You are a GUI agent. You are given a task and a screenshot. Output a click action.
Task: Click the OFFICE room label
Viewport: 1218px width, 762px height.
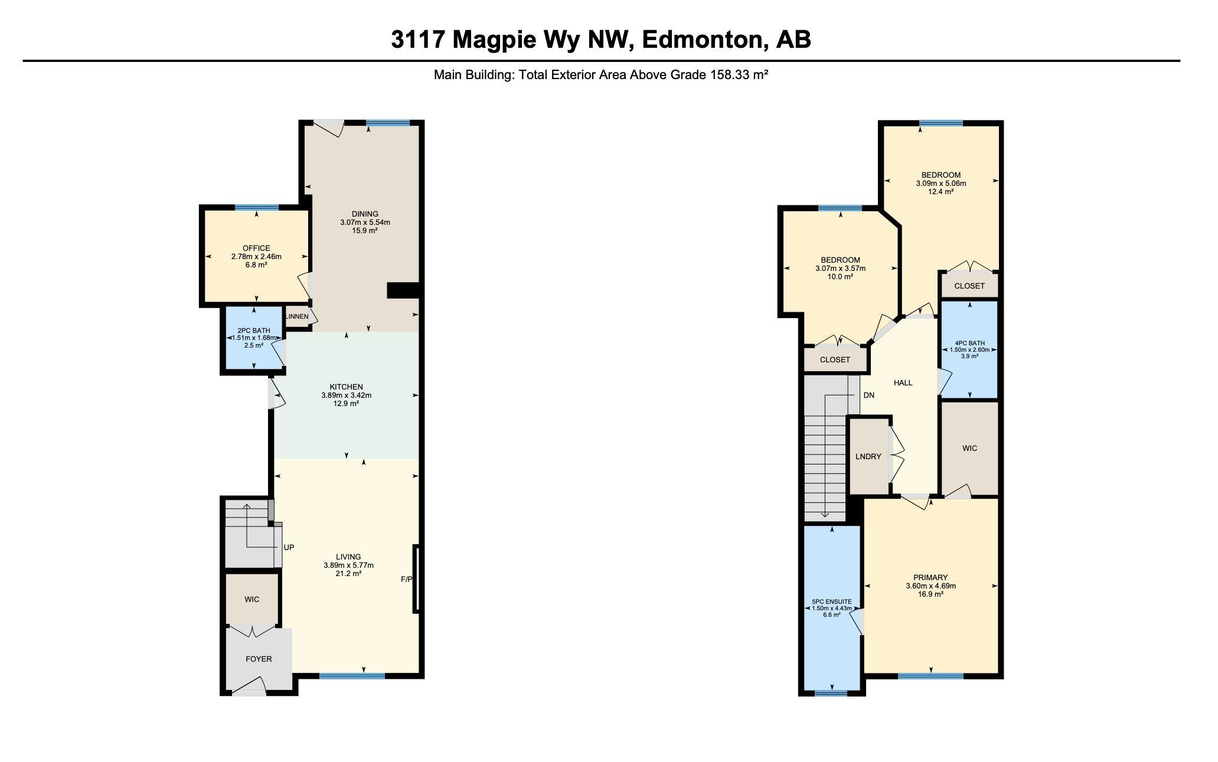click(x=256, y=248)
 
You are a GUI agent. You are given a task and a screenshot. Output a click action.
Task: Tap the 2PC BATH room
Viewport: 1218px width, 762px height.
click(x=254, y=338)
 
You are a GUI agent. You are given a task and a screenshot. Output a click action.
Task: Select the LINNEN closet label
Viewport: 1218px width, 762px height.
click(x=297, y=317)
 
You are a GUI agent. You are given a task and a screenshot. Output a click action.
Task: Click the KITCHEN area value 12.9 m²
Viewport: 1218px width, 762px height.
click(x=346, y=404)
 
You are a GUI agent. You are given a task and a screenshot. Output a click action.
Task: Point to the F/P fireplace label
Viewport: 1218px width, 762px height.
click(x=406, y=580)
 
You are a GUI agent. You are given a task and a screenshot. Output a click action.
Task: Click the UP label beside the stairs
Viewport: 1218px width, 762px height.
click(x=289, y=548)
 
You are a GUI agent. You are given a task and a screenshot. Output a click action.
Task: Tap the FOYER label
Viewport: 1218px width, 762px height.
click(x=259, y=659)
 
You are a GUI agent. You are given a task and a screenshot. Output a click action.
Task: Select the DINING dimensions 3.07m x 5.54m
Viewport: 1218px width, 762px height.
click(x=365, y=223)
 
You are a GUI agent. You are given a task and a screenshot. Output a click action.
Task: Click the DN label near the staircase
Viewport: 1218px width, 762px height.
click(x=868, y=395)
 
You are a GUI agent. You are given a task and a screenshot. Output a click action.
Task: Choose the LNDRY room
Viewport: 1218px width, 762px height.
click(x=868, y=456)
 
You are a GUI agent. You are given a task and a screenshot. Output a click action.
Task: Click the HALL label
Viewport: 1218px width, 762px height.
click(x=903, y=383)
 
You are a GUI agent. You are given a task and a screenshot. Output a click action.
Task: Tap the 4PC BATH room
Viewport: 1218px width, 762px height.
click(x=969, y=349)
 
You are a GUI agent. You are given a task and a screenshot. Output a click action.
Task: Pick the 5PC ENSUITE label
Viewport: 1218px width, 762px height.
click(x=831, y=602)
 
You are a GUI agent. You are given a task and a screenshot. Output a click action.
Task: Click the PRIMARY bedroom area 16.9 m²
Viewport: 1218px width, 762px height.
click(x=930, y=594)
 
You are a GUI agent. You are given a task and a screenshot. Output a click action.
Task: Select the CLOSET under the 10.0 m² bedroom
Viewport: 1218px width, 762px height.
click(x=835, y=360)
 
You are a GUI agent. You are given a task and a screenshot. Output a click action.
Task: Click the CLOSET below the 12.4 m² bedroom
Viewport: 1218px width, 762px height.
click(x=969, y=286)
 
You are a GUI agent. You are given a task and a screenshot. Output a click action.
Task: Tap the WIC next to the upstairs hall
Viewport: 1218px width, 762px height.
click(x=969, y=449)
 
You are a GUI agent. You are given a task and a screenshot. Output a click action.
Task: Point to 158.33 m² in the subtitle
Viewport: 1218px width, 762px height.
click(x=739, y=75)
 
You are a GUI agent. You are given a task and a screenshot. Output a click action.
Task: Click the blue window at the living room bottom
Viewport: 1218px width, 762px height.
click(x=352, y=676)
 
